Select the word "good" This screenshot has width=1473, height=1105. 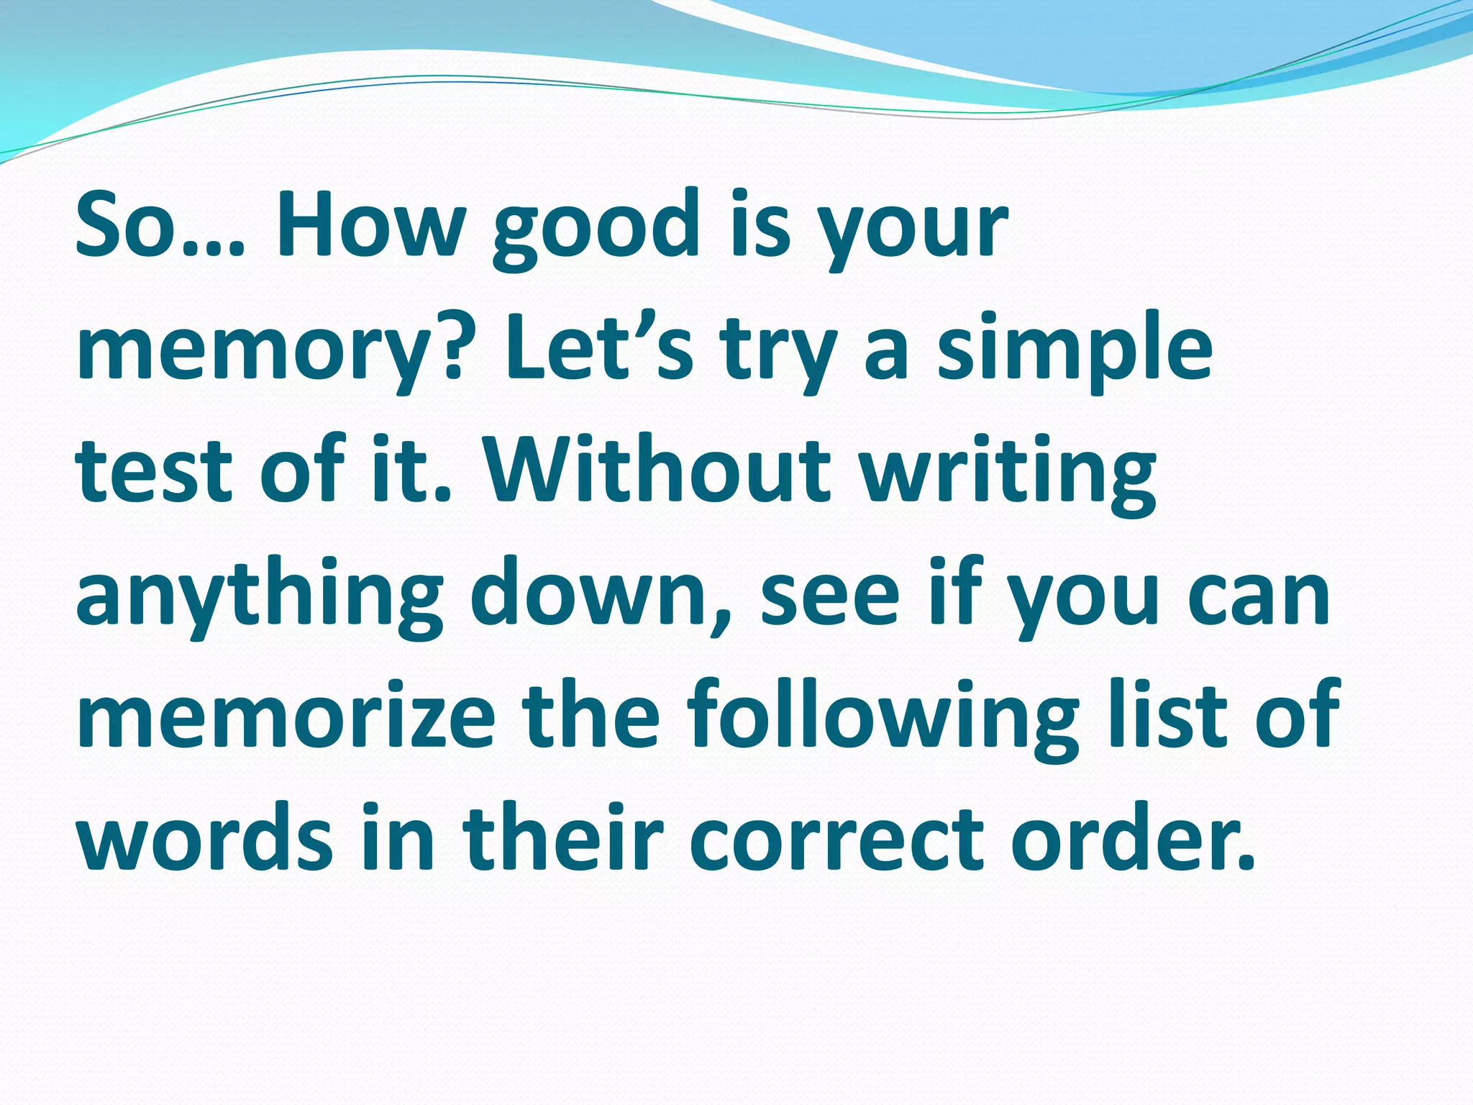coord(596,229)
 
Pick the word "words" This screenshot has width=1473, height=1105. coord(204,839)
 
